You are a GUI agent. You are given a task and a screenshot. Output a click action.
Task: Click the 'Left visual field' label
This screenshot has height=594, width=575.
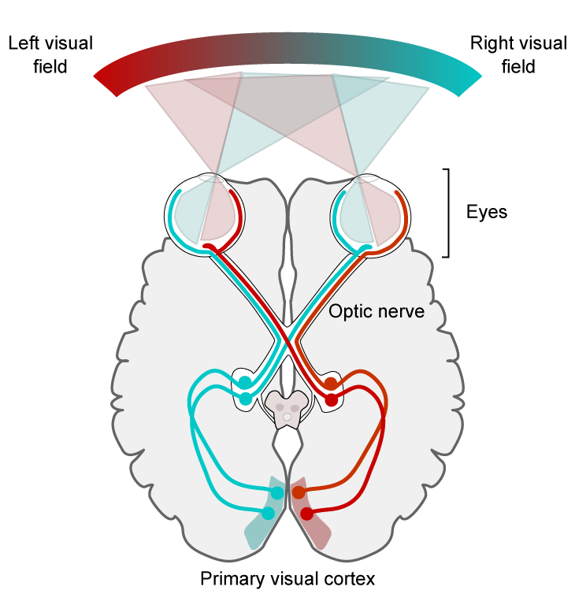click(x=50, y=55)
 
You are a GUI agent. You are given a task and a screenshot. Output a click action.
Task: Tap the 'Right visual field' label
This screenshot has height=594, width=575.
click(x=518, y=55)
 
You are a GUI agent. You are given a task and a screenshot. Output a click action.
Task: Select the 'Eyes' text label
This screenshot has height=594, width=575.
click(x=486, y=212)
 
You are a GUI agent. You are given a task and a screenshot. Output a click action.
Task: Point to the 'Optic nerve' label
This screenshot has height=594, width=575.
click(x=377, y=311)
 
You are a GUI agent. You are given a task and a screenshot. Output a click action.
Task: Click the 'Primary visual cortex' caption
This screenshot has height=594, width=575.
click(x=287, y=579)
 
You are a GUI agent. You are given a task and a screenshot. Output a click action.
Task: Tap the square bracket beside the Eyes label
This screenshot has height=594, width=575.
click(x=448, y=213)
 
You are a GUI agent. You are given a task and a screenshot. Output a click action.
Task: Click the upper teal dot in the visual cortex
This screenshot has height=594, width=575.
click(x=277, y=493)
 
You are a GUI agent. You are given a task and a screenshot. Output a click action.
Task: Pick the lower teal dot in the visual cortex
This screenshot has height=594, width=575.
click(x=268, y=514)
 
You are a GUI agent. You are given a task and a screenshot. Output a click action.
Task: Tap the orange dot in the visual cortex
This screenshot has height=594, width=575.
click(x=299, y=492)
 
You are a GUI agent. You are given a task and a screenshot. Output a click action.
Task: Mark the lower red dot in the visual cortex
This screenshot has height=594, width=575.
click(x=307, y=514)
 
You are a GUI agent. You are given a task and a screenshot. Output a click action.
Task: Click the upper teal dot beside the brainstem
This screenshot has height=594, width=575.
click(x=245, y=382)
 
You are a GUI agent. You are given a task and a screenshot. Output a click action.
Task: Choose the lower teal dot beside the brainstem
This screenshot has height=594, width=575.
click(x=246, y=399)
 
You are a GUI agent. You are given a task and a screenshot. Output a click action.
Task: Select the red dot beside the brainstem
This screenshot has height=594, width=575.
click(x=332, y=400)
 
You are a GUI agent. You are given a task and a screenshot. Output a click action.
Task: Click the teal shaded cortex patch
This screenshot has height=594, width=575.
click(x=265, y=515)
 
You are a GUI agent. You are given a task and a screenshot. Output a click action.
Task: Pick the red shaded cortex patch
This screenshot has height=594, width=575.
click(x=310, y=515)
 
